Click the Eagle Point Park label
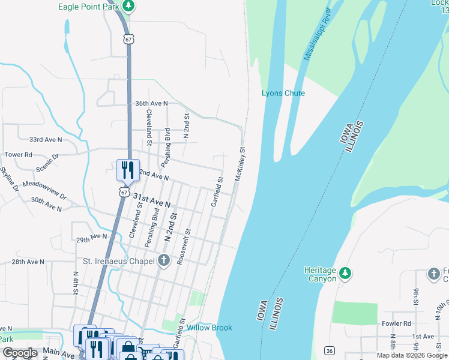click(88, 7)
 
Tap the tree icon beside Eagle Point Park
click(128, 6)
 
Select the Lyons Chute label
click(283, 93)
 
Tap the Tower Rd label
click(18, 154)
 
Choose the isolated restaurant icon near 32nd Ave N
click(127, 170)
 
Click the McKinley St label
click(241, 164)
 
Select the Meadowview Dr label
click(44, 190)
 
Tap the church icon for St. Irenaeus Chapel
click(164, 260)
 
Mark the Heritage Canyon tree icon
click(345, 274)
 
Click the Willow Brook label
click(209, 328)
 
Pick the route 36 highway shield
click(329, 350)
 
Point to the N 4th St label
click(76, 283)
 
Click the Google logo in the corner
click(20, 353)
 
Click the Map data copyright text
click(412, 356)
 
